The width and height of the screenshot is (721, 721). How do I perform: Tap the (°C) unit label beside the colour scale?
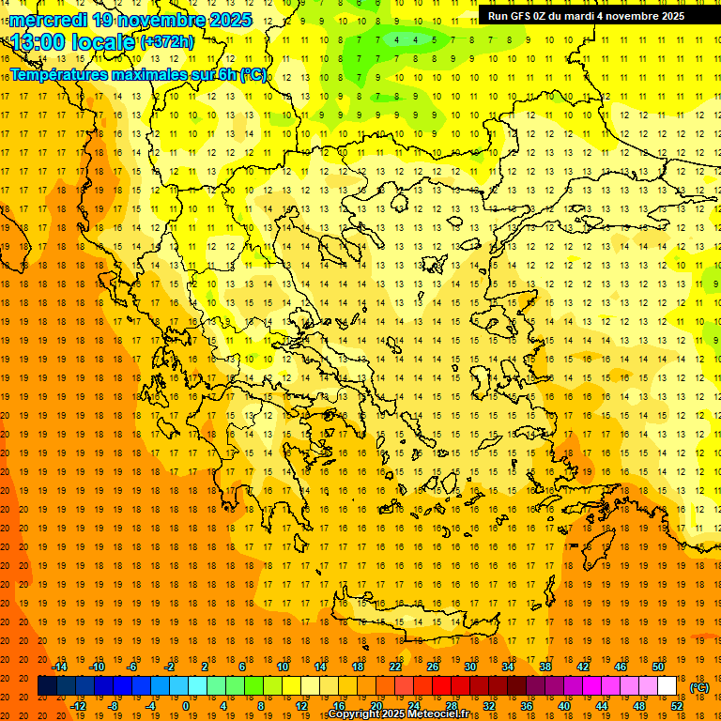[699, 687]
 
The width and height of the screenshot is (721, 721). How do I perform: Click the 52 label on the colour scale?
[676, 706]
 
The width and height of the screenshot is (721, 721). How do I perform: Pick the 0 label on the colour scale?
[185, 706]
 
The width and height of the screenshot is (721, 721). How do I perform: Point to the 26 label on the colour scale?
[433, 667]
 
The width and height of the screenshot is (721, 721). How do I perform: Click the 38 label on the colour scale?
[545, 667]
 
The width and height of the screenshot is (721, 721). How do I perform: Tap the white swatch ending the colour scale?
[667, 686]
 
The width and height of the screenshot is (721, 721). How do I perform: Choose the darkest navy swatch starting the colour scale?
[47, 686]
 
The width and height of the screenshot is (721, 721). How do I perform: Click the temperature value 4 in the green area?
[398, 39]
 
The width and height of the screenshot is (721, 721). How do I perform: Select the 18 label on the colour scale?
[358, 667]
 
